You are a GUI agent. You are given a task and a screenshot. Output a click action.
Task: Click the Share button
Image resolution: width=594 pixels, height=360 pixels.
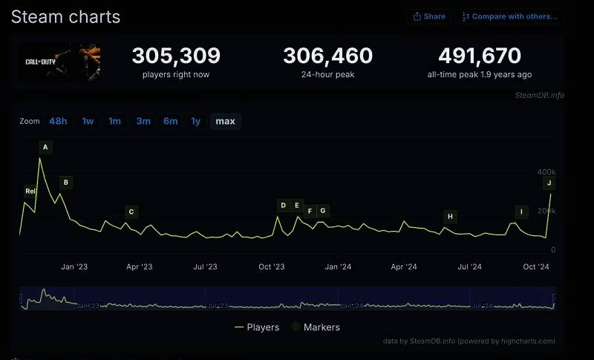429,16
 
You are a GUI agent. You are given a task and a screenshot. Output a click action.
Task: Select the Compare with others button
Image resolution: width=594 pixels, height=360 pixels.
509,16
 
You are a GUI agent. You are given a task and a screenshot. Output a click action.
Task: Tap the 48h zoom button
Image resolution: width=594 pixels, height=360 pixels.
58,121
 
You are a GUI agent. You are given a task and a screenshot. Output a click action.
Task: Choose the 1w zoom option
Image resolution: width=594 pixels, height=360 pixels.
88,121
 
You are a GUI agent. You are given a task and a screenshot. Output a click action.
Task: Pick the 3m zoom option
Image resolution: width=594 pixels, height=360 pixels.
143,121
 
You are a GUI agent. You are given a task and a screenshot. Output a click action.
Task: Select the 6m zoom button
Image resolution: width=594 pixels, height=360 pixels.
171,121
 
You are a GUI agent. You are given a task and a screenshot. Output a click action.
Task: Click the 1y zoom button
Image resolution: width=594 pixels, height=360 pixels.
195,121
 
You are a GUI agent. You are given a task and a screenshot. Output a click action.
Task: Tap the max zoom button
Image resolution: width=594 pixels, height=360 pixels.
225,121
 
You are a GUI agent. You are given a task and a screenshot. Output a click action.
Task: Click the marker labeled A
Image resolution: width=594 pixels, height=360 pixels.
45,147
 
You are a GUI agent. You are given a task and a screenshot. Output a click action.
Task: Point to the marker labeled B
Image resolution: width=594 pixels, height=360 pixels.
65,182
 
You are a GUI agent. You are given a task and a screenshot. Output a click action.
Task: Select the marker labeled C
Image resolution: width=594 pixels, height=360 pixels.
131,212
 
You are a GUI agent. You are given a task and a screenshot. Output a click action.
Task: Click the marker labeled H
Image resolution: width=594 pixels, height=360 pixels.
450,216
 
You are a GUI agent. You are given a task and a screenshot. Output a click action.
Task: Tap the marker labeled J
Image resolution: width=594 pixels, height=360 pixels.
549,183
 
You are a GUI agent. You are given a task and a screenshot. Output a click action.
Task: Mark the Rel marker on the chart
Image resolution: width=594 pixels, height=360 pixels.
30,191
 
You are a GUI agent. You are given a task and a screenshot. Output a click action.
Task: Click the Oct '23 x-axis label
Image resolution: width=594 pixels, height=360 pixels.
272,266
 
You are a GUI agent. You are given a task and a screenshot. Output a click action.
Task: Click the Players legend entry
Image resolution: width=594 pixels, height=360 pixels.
257,327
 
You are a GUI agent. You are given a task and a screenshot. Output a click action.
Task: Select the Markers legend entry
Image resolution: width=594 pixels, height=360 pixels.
316,327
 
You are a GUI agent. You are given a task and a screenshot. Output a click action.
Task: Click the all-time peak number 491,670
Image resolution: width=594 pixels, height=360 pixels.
480,56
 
